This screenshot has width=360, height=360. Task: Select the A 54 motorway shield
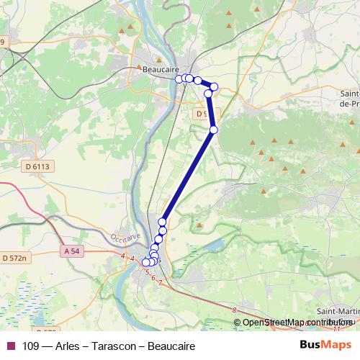71,251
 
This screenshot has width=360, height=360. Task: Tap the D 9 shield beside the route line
203,113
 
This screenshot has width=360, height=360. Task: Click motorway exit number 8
235,310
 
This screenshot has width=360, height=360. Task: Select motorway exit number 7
160,282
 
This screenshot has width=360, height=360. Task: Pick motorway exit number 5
147,272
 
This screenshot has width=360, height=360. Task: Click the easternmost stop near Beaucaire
214,86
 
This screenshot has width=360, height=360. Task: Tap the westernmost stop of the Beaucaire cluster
179,78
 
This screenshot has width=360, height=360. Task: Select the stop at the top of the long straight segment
213,130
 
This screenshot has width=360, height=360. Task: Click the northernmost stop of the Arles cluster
163,222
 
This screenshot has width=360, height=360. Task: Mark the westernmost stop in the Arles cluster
146,263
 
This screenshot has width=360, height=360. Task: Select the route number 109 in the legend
31,346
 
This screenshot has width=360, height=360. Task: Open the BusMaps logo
325,346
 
